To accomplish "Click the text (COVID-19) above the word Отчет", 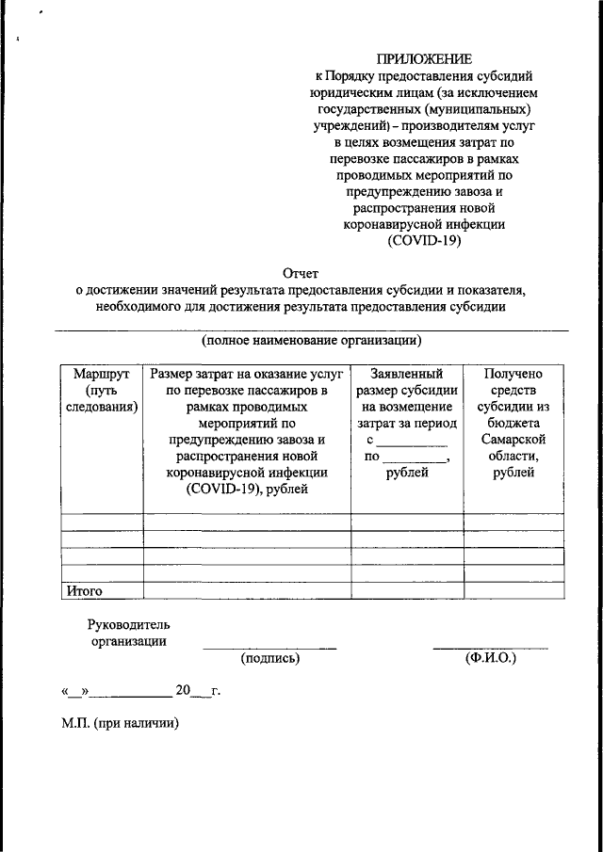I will click(x=425, y=241).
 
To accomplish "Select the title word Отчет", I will click(x=302, y=273).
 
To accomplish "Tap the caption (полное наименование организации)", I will click(x=312, y=340).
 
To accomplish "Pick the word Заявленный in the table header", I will click(x=407, y=374).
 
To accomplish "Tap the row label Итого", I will click(x=84, y=591).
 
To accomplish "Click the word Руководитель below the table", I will click(x=129, y=624).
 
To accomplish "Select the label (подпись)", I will click(x=270, y=659).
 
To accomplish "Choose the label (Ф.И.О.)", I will click(x=490, y=659).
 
